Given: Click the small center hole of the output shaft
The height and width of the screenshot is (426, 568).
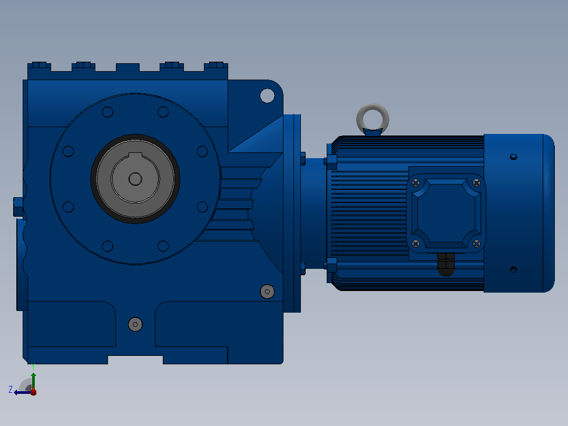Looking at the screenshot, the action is (135, 179).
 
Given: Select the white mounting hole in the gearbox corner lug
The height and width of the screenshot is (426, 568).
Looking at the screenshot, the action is (267, 96).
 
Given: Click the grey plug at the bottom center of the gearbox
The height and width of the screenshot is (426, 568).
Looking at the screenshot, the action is (135, 324).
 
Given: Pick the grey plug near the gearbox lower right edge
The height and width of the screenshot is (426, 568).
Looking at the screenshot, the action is (267, 292).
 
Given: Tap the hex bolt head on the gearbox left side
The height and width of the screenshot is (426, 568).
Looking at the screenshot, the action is (18, 207).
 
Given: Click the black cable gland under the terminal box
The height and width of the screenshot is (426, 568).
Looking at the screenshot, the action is (446, 265).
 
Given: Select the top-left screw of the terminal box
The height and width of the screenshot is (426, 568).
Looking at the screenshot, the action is (416, 183).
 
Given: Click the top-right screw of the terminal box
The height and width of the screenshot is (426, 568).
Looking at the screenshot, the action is (476, 183).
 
